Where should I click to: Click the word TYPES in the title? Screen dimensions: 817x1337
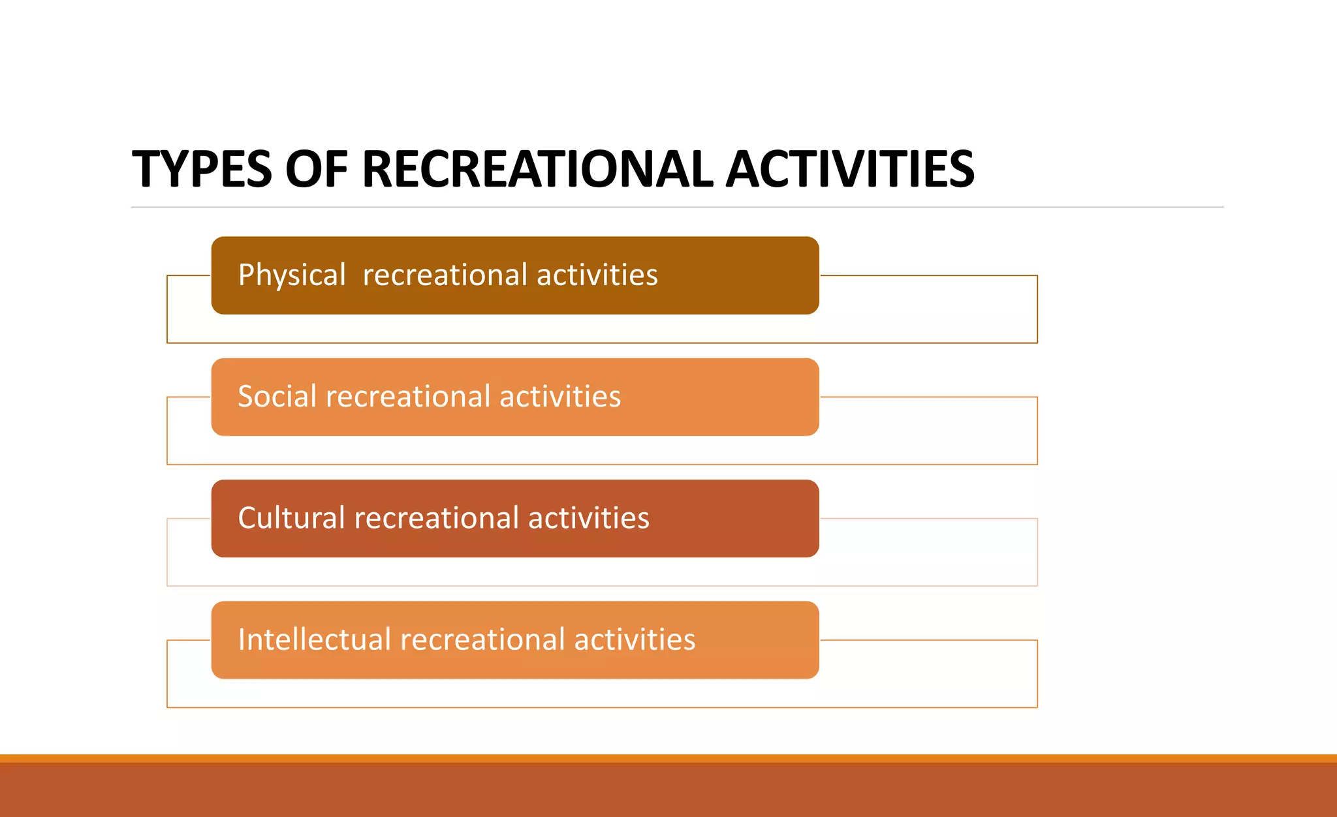coord(201,170)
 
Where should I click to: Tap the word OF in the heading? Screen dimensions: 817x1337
coord(316,170)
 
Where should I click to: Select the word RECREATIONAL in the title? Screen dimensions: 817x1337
coord(537,170)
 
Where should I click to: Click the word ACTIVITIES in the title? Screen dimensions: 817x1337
coord(850,170)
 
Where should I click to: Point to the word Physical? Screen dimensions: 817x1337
coord(291,275)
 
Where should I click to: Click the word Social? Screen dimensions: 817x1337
coord(277,397)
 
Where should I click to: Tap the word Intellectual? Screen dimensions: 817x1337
coord(314,640)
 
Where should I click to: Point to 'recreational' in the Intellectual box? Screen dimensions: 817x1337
coord(482,640)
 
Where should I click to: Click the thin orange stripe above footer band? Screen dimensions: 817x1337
coord(668,758)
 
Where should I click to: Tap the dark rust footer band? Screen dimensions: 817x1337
coord(668,790)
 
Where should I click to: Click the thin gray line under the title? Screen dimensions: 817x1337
coord(677,207)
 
